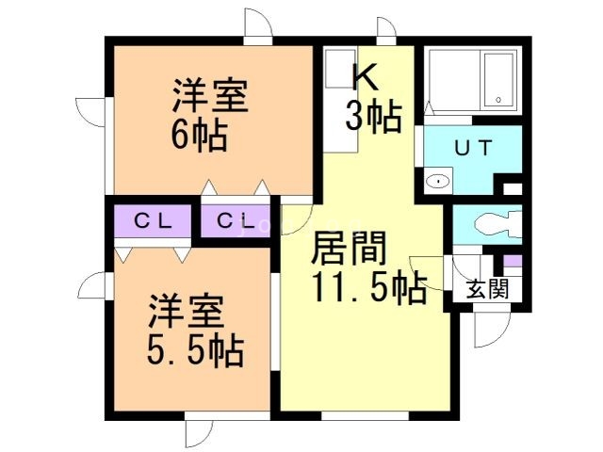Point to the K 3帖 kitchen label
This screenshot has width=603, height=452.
coord(371,99)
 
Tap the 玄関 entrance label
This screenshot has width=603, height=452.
coord(487,288)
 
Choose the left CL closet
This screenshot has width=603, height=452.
coord(151,222)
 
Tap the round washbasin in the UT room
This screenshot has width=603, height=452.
coord(437,182)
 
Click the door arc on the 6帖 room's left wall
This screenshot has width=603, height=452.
coord(92,113)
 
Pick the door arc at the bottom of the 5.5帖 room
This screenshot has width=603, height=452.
coord(201,431)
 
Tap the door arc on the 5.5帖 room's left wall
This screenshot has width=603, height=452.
coord(94,286)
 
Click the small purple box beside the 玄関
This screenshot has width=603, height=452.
coord(513,261)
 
